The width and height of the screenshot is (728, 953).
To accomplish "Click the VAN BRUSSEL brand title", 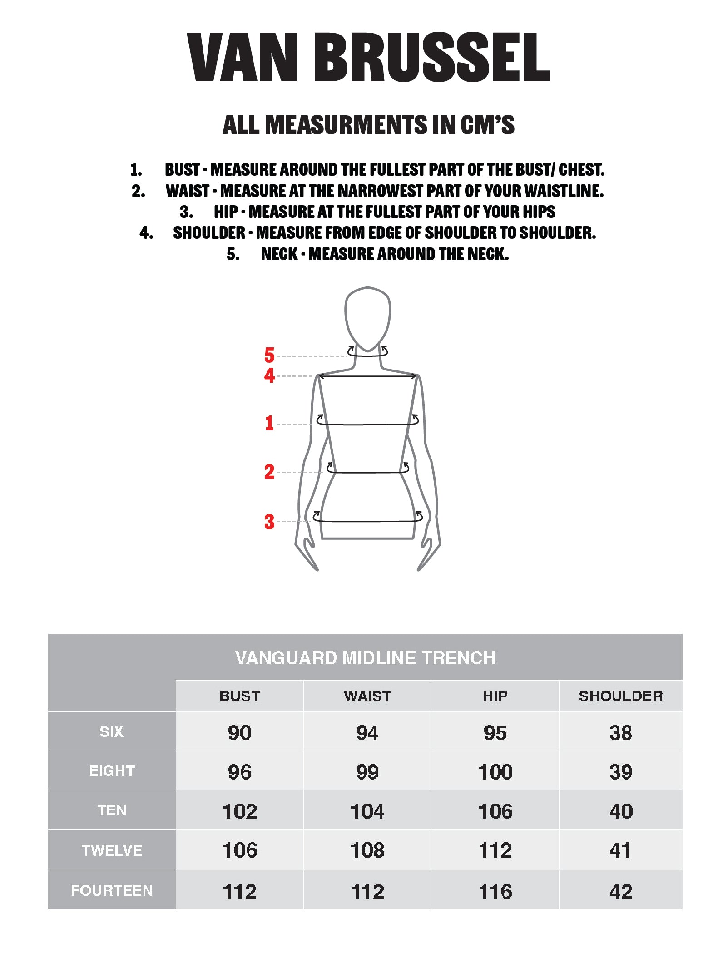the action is coord(368,58).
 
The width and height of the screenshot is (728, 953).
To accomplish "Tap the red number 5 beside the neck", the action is coord(269,355).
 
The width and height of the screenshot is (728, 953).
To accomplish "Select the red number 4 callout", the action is coord(269,375).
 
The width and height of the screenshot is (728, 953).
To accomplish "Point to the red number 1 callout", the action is coord(269,423).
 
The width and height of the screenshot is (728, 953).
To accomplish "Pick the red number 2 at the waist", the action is coord(269,472).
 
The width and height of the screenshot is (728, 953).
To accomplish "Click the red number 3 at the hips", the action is coord(269,522).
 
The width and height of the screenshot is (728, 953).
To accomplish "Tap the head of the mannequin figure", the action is coord(368,318).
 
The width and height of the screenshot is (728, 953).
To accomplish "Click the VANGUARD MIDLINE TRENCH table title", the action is coord(365,658).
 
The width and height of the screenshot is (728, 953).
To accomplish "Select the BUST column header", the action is coord(240,696).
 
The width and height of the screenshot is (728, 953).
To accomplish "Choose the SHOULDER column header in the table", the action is coord(621,696).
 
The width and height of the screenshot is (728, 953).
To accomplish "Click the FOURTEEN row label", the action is coord(112,890).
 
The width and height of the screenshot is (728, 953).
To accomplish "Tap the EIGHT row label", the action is coord(112,770).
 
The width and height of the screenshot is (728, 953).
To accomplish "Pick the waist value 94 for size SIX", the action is coord(367,733).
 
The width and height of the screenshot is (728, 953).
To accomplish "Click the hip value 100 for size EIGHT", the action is coord(495,772).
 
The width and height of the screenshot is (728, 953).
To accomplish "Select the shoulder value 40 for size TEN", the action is coord(621,811).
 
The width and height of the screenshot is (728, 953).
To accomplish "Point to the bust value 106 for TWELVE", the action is coord(240,850).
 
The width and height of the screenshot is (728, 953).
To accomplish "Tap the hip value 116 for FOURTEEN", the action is coord(495,892).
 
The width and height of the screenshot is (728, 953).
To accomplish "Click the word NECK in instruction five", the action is coord(279,254).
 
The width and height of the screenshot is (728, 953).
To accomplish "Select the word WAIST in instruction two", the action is coord(188,191).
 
